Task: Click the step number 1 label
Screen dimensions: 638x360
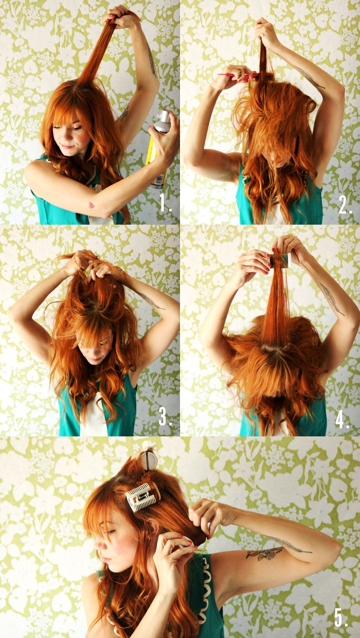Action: (x=166, y=203)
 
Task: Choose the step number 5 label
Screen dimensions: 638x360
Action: (x=341, y=617)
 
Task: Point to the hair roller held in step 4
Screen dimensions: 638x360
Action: (x=280, y=260)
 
